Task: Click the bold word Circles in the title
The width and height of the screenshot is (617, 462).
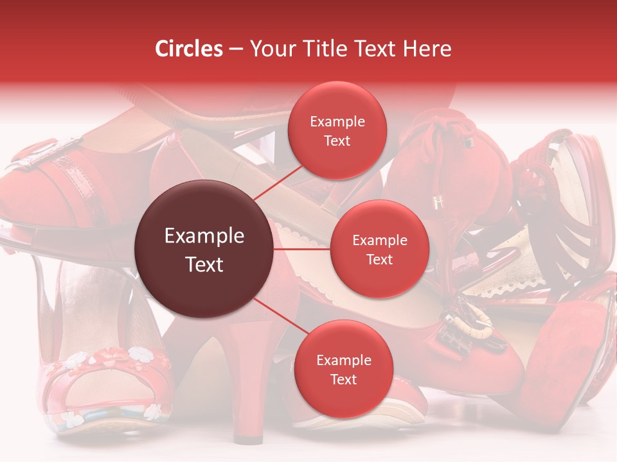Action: coord(189,49)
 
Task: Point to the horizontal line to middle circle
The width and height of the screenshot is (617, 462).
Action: coord(302,248)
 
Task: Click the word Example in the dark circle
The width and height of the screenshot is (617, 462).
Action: coord(204,236)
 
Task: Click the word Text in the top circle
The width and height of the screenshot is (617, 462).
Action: coord(337,141)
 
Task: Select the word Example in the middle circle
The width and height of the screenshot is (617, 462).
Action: coord(380,241)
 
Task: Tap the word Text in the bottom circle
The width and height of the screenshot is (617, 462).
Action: coord(343,379)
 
